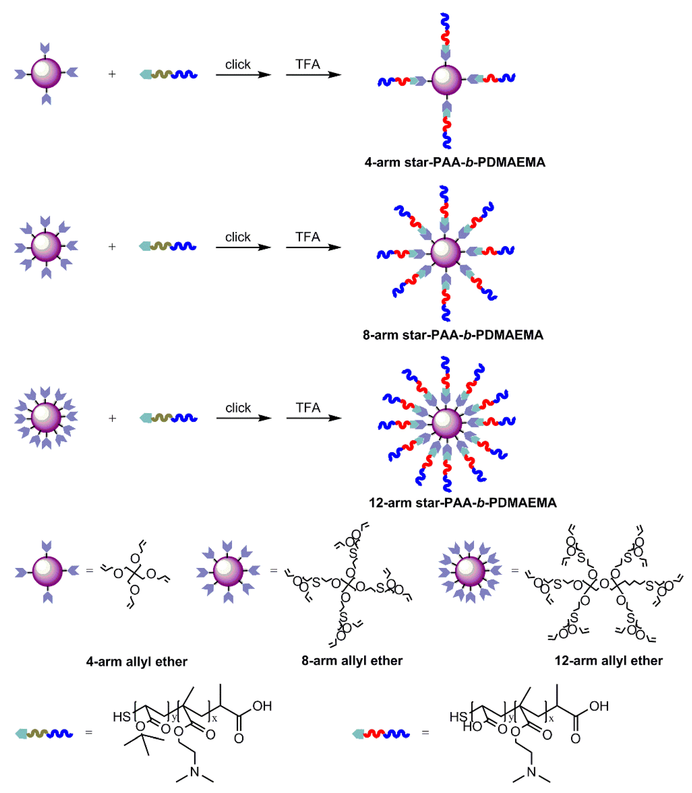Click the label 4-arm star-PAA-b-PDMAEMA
coord(455,162)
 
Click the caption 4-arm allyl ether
coord(137,662)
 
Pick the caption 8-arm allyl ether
coord(352,660)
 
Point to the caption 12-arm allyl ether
coord(609,660)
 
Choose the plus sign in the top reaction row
coord(112,74)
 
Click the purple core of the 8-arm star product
coord(446,252)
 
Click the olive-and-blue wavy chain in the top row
coord(169,74)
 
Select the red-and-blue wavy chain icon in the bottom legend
coord(381,733)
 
